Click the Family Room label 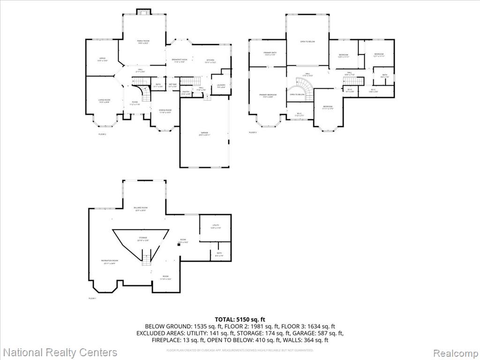click(x=143, y=42)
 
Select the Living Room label click(x=104, y=101)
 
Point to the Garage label click(x=204, y=134)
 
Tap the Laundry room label click(x=221, y=86)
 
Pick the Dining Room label click(x=165, y=111)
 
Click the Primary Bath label click(x=270, y=53)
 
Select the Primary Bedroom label click(x=268, y=96)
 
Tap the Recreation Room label click(x=109, y=262)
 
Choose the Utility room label click(x=216, y=226)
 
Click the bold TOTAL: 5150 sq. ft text click(x=240, y=319)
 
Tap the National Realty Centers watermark click(x=60, y=352)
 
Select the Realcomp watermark click(x=454, y=352)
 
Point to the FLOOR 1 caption click(x=92, y=298)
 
